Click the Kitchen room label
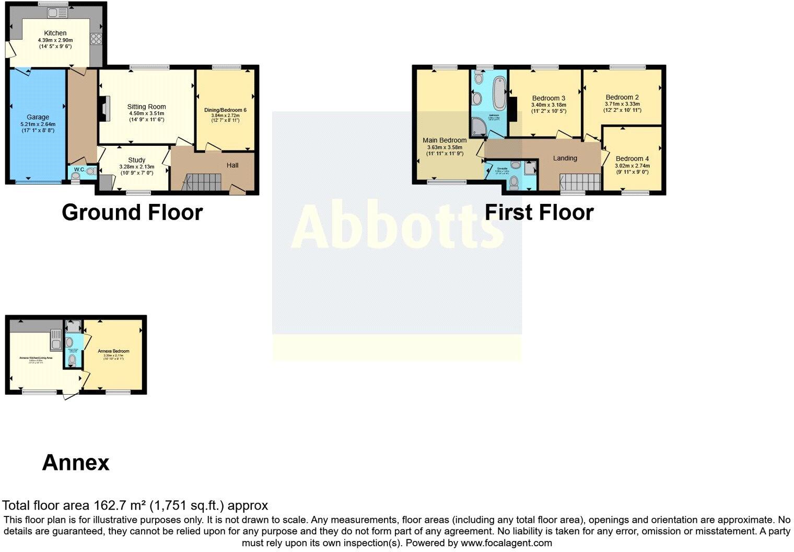pyautogui.click(x=55, y=33)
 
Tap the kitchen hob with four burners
pyautogui.click(x=96, y=38)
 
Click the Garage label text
pyautogui.click(x=38, y=117)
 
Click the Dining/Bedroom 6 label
pyautogui.click(x=225, y=110)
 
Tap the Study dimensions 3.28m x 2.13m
pyautogui.click(x=136, y=167)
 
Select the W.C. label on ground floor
pyautogui.click(x=79, y=169)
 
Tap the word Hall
pyautogui.click(x=232, y=165)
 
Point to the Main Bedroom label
pyautogui.click(x=445, y=140)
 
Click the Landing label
pyautogui.click(x=565, y=158)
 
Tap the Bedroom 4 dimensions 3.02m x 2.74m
pyautogui.click(x=632, y=166)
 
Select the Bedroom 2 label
pyautogui.click(x=622, y=97)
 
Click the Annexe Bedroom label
pyautogui.click(x=113, y=351)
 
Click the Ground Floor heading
pyautogui.click(x=132, y=213)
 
